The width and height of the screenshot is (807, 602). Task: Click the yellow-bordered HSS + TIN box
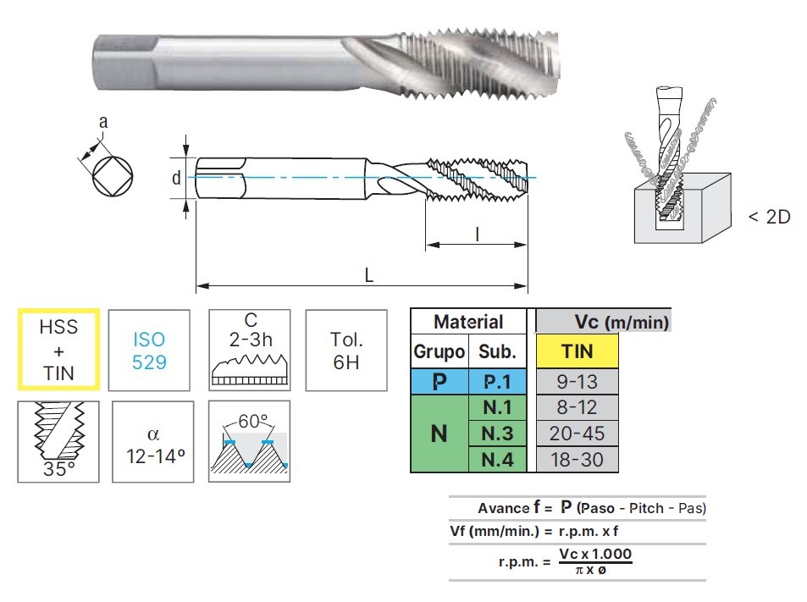(58, 350)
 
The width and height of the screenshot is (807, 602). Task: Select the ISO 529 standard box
(149, 350)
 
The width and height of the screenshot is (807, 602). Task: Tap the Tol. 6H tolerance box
(346, 350)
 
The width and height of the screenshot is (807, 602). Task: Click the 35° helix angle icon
(58, 440)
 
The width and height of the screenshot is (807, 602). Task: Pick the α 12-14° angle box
(153, 440)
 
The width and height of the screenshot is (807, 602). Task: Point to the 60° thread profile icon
(250, 440)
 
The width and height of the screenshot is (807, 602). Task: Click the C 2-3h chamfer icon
(250, 350)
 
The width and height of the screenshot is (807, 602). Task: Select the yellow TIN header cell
(578, 351)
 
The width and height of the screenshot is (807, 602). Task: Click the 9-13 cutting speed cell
(578, 381)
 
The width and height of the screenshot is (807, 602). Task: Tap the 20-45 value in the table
(578, 434)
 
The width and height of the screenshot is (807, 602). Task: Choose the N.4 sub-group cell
(496, 460)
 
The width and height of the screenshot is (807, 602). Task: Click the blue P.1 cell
(496, 381)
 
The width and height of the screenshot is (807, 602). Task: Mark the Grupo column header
(439, 351)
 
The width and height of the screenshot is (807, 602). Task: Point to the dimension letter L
(369, 276)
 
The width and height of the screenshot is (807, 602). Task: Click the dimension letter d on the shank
(176, 178)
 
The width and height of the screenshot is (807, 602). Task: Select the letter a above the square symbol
(103, 122)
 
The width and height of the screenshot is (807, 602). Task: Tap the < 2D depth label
(769, 217)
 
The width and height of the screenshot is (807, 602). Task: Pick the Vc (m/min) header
(622, 322)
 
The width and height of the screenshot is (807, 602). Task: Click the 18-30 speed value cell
(578, 460)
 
